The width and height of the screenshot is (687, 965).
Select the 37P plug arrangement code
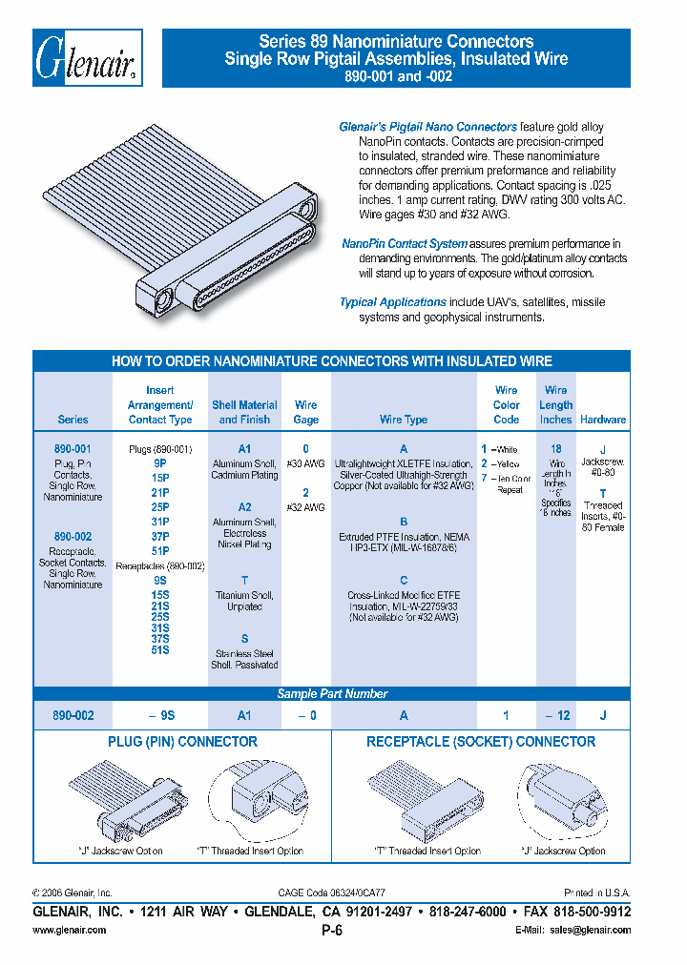click(x=160, y=537)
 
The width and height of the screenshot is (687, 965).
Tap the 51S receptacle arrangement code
click(x=160, y=650)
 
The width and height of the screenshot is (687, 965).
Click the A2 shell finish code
click(x=244, y=507)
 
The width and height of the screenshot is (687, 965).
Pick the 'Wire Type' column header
click(x=404, y=420)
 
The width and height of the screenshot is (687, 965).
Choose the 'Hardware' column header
click(x=603, y=420)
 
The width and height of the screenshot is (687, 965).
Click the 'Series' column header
click(x=73, y=420)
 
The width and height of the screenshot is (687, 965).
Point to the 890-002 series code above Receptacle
click(x=73, y=537)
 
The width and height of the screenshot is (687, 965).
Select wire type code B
click(x=404, y=522)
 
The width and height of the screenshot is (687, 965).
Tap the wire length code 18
click(x=556, y=448)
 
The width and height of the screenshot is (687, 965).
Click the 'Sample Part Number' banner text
click(x=332, y=694)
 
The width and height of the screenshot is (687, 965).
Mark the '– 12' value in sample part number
click(x=559, y=715)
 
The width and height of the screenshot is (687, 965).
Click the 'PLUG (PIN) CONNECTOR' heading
click(x=182, y=742)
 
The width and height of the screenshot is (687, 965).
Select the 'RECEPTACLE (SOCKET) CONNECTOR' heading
click(x=481, y=742)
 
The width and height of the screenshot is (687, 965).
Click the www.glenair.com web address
click(x=70, y=931)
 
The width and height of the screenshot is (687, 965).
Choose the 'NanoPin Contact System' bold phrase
click(x=405, y=244)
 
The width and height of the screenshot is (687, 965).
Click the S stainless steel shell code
click(x=244, y=638)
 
